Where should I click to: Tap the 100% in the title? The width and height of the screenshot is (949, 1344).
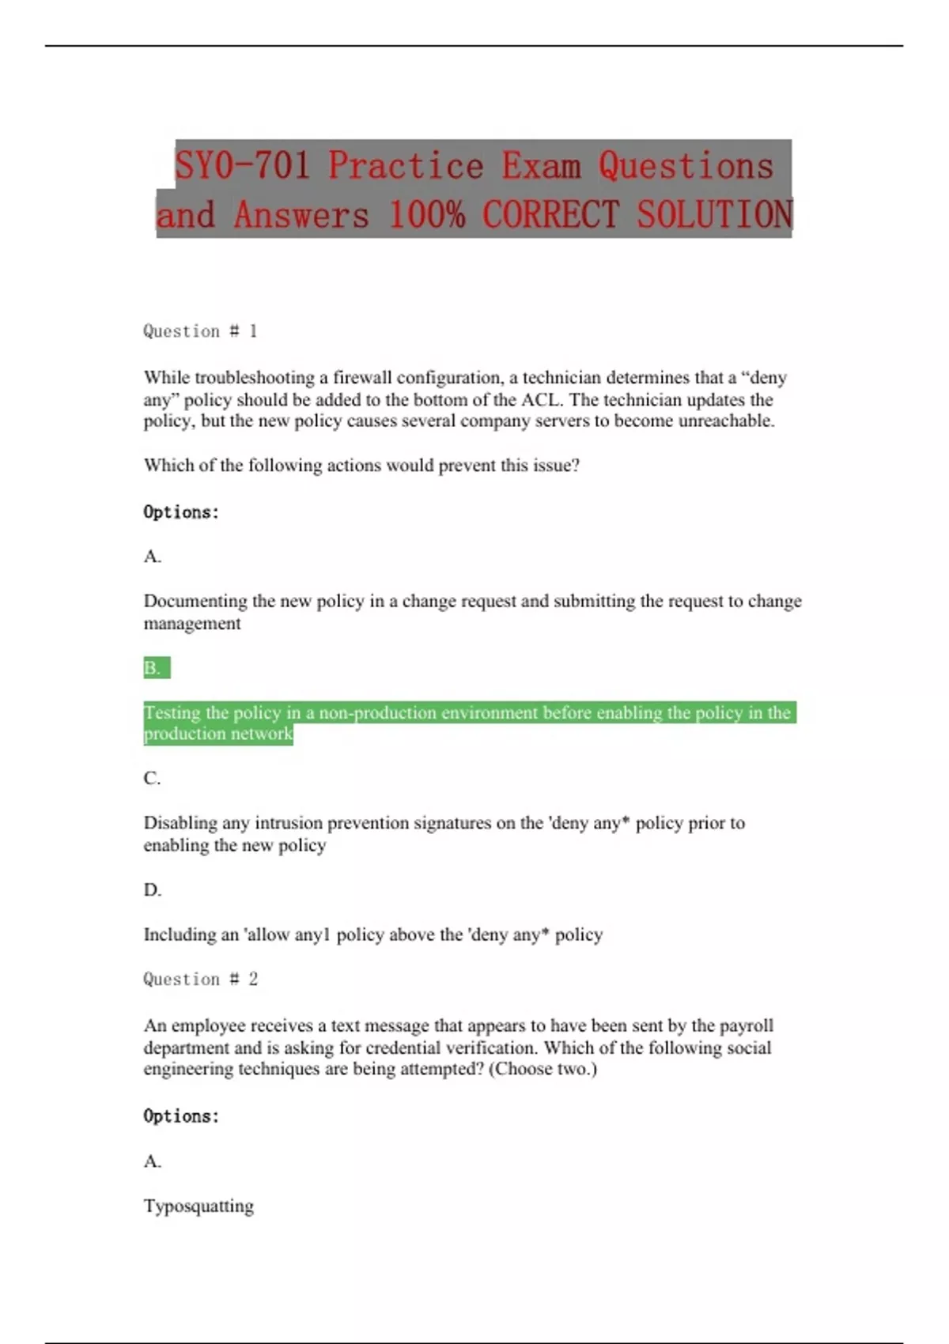click(426, 215)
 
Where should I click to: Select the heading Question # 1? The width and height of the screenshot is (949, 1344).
click(200, 331)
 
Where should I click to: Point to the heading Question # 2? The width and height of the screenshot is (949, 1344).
click(200, 980)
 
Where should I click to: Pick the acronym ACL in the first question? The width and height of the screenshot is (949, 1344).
click(541, 399)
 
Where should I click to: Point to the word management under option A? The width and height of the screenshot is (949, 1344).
click(192, 624)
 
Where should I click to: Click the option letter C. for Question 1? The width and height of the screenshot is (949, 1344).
click(152, 779)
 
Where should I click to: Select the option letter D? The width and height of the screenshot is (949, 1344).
click(152, 890)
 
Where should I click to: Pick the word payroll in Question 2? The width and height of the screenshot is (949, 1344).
click(747, 1025)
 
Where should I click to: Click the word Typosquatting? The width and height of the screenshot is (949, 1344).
click(198, 1206)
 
